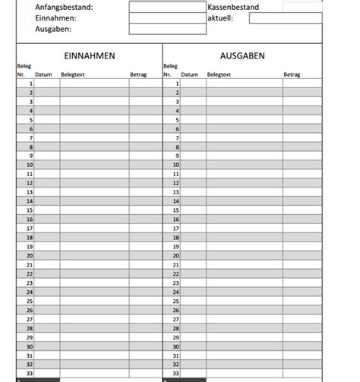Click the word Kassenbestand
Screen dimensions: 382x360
[x=233, y=7]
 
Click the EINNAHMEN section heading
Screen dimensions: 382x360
[x=90, y=55]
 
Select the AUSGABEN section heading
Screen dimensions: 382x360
[x=242, y=55]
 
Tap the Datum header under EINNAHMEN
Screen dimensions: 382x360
[x=43, y=75]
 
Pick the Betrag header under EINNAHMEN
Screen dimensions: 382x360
[x=139, y=75]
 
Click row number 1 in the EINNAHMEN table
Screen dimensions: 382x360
[x=30, y=84]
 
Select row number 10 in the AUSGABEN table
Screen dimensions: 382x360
[x=177, y=165]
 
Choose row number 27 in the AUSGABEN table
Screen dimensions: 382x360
[x=177, y=319]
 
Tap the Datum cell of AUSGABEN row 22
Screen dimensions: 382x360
[x=193, y=274]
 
